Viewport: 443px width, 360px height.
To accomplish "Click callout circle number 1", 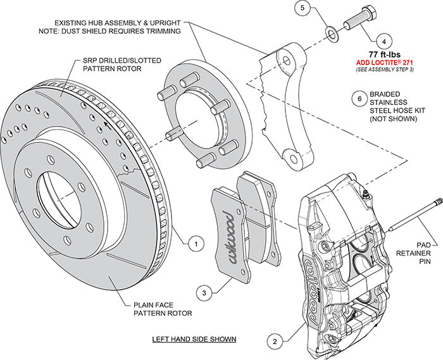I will pos(196,242).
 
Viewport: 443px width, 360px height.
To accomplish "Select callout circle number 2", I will pos(274,342).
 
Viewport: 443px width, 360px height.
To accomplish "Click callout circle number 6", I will pos(359,99).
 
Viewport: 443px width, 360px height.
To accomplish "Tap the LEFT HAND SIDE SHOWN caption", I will pos(194,339).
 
